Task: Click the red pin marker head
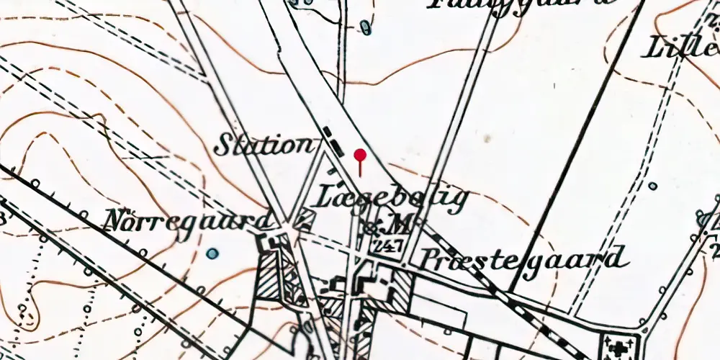360,154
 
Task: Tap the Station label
264,145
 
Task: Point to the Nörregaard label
189,220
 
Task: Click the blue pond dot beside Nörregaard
212,253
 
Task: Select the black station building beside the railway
333,140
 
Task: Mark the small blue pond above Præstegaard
652,186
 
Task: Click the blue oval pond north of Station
365,27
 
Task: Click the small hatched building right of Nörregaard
305,217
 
